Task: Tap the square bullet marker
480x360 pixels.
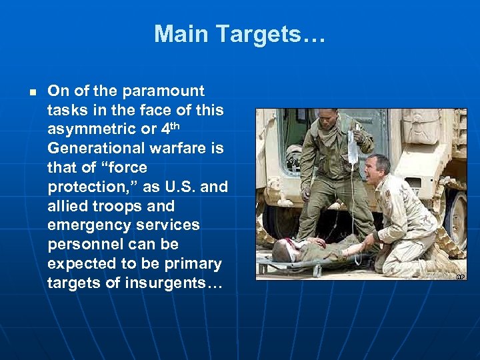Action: click(31, 91)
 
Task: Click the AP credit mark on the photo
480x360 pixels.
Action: click(459, 275)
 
